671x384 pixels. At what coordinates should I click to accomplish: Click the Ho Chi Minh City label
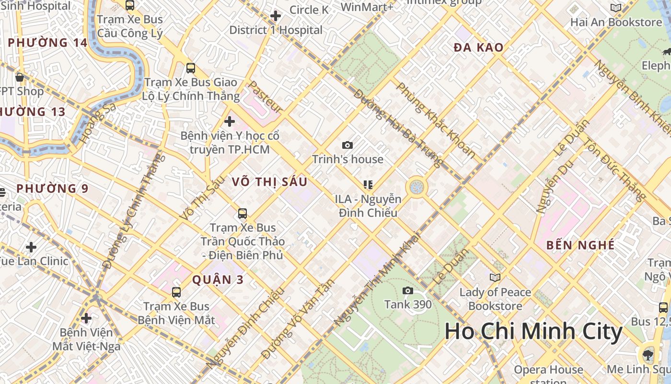point(533,332)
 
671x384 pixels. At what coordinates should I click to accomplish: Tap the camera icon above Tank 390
point(408,290)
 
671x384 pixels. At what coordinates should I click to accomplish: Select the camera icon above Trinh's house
point(347,145)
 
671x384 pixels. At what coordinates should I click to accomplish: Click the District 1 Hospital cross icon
point(276,16)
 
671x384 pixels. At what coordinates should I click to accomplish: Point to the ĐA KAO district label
point(478,48)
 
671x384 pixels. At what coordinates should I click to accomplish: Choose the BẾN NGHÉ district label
point(580,245)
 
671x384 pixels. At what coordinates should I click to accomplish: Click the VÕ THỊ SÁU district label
point(269,182)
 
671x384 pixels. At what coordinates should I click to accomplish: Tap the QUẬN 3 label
point(218,280)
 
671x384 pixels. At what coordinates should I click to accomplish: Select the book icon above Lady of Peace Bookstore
point(495,277)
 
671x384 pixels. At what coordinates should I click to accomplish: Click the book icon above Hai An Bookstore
point(616,8)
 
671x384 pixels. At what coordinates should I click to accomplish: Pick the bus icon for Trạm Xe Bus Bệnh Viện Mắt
point(176,292)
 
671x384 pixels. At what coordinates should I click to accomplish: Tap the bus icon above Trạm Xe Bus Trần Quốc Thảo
point(243,213)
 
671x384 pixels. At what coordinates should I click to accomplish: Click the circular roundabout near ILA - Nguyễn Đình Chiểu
point(416,187)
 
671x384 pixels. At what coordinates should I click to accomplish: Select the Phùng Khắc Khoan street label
point(436,120)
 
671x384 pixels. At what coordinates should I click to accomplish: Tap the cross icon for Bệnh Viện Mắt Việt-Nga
point(86,318)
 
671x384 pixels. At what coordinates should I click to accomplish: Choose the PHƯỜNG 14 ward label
point(47,43)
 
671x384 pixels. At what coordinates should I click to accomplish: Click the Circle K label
point(309,10)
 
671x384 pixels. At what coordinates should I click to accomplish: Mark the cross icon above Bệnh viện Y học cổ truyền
point(230,121)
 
